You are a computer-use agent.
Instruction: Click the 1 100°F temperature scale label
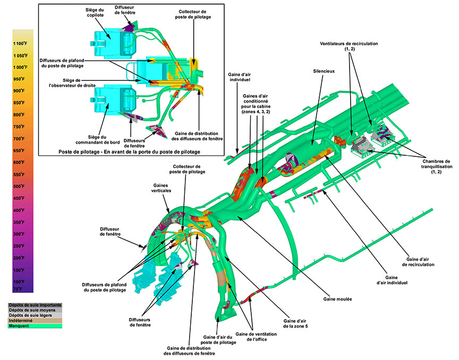20,43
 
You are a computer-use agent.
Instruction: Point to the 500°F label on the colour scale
20,186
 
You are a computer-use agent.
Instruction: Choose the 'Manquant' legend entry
19,326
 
